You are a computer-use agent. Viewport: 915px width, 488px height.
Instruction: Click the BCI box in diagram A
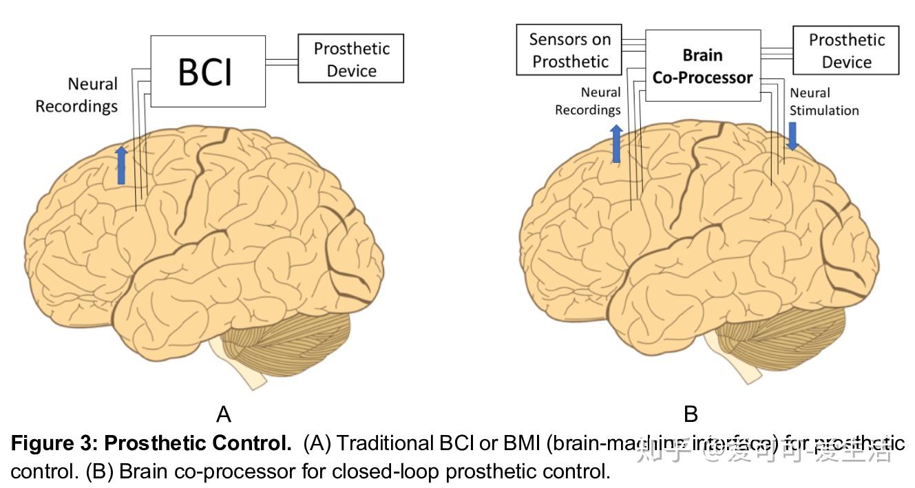(207, 72)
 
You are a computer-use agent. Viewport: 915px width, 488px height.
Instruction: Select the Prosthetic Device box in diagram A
(350, 59)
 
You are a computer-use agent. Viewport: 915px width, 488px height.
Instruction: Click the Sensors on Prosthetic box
(569, 50)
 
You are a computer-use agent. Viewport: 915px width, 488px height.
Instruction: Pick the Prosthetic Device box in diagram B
(846, 51)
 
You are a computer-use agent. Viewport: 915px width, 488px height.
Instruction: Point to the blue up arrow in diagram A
(121, 165)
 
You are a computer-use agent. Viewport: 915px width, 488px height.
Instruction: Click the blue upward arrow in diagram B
(616, 144)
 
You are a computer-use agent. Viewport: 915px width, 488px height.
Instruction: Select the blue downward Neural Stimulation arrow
(792, 136)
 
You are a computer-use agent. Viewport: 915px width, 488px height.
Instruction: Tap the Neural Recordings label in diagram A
(76, 95)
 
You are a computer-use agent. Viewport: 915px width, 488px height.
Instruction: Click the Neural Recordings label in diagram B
(588, 101)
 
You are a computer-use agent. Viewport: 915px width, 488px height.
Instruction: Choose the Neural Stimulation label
(824, 101)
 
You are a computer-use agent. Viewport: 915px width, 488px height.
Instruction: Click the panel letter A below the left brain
(223, 414)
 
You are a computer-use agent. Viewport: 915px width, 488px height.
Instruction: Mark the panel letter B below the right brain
(691, 414)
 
